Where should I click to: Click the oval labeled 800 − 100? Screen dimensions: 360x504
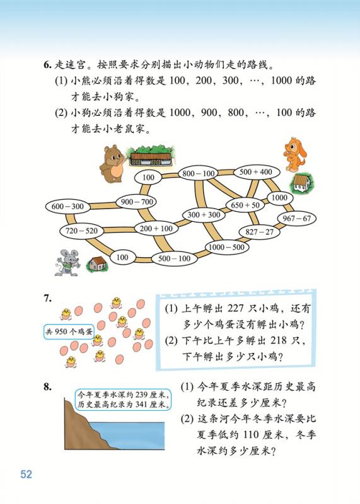(x=198, y=174)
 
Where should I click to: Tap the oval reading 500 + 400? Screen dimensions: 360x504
(x=256, y=172)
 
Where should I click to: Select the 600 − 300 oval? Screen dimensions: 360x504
(x=67, y=207)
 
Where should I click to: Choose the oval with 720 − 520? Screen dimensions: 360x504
(x=81, y=231)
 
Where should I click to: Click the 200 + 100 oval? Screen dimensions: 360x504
(x=156, y=229)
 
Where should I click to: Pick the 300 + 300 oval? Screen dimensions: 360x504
(x=204, y=214)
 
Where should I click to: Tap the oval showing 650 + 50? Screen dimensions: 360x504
(x=245, y=205)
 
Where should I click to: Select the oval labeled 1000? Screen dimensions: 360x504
(x=279, y=197)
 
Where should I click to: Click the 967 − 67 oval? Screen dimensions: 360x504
(x=296, y=219)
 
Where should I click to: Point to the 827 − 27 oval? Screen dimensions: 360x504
(x=259, y=232)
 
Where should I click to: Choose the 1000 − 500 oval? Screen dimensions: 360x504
(x=226, y=247)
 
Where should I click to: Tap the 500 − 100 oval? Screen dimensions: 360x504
(x=174, y=258)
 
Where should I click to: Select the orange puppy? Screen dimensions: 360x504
(x=294, y=154)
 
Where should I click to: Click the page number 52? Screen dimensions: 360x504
(x=26, y=474)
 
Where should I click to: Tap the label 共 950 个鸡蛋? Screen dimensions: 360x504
(x=69, y=332)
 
